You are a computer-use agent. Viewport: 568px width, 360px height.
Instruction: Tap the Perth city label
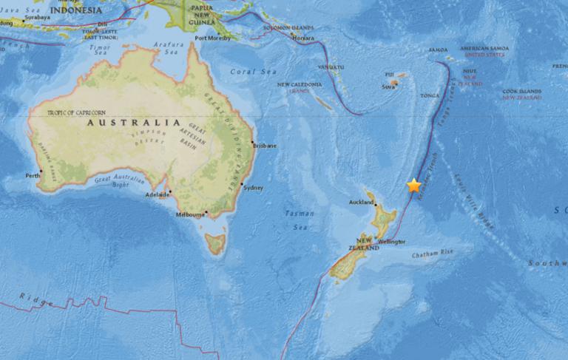tap(33, 176)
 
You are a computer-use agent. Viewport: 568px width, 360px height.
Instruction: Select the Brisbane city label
tap(265, 146)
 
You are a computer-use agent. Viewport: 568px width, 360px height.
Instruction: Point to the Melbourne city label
tap(190, 215)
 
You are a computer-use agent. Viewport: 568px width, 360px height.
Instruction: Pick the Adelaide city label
tap(157, 194)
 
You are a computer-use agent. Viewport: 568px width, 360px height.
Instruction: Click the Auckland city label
tap(362, 201)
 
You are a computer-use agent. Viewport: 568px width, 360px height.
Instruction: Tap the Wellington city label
tap(392, 242)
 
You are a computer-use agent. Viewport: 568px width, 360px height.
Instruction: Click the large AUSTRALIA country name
tap(133, 123)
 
